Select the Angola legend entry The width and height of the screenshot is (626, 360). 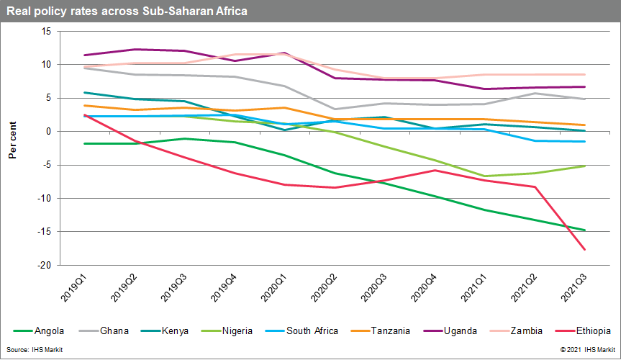click(x=50, y=330)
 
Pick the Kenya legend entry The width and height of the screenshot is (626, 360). click(x=175, y=330)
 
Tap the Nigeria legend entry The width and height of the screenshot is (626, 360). click(x=237, y=330)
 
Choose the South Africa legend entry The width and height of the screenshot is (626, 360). click(x=312, y=330)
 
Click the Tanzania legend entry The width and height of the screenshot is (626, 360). click(x=391, y=330)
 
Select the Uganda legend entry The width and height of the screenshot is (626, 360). click(x=461, y=330)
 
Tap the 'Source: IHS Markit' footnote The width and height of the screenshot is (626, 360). click(x=34, y=350)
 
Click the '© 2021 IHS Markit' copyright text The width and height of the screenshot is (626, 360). click(x=587, y=350)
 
